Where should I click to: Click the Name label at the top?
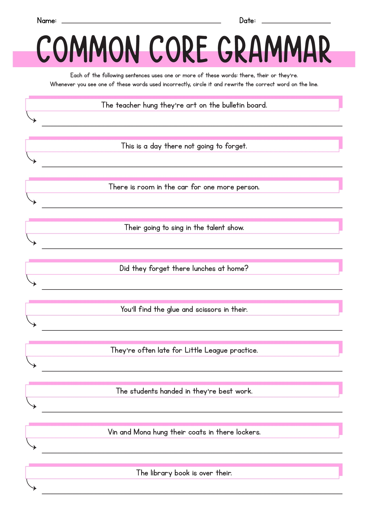[47, 21]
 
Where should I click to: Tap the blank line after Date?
[296, 22]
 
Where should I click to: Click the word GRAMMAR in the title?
[274, 49]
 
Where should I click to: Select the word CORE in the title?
[178, 49]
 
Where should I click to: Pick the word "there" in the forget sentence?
[173, 146]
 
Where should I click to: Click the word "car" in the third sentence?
[183, 187]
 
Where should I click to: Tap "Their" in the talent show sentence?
[133, 227]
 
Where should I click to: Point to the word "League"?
[216, 350]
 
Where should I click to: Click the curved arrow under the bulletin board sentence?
[31, 118]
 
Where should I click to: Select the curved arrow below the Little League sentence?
[31, 363]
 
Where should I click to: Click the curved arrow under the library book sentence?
[31, 485]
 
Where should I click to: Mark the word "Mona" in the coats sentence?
[142, 432]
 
